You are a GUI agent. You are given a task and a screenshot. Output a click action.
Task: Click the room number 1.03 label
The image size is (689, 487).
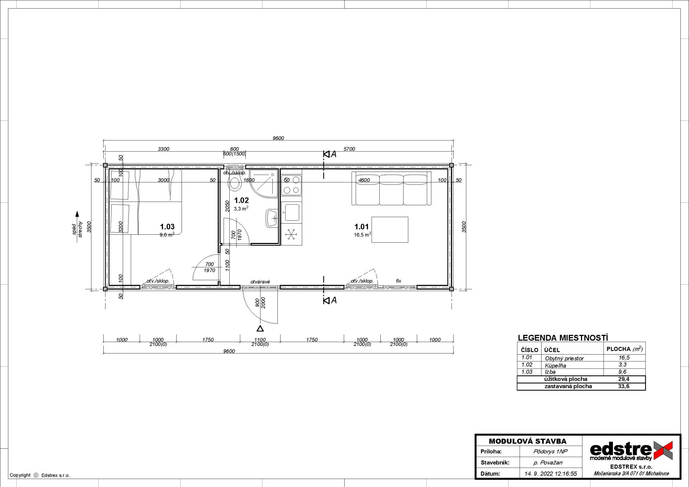click(167, 227)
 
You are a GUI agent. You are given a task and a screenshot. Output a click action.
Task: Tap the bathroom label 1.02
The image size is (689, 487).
click(242, 201)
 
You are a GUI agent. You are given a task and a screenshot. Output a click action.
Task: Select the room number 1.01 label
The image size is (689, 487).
click(361, 227)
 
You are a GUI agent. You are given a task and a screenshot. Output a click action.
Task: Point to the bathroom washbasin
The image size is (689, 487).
click(272, 218)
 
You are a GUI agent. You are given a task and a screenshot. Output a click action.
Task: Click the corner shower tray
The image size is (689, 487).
click(264, 183)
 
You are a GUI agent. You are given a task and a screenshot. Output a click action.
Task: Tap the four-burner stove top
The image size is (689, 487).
click(291, 185)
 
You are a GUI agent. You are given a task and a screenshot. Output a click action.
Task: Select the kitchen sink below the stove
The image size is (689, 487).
click(292, 212)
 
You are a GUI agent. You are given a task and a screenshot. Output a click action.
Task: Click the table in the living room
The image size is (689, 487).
click(390, 230)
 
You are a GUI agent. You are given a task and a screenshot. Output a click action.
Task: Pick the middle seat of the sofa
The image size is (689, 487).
click(391, 189)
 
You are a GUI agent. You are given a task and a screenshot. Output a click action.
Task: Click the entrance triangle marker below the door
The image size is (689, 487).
click(260, 328)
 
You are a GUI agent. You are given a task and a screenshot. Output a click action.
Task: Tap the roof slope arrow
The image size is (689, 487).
click(77, 227)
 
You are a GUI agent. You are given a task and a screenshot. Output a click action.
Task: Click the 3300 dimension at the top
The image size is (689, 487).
click(164, 149)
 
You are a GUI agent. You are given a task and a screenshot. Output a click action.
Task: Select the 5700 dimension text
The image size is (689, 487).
click(349, 149)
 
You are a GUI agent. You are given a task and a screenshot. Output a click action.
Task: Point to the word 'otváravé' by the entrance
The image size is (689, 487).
click(260, 282)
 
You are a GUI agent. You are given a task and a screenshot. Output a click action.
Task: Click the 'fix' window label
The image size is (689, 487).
click(398, 281)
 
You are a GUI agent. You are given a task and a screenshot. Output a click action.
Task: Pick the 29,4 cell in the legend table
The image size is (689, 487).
click(624, 379)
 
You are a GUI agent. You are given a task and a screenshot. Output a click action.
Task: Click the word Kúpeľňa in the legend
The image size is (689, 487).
click(556, 365)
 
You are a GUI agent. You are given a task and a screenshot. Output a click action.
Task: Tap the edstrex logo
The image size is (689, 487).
click(631, 451)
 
